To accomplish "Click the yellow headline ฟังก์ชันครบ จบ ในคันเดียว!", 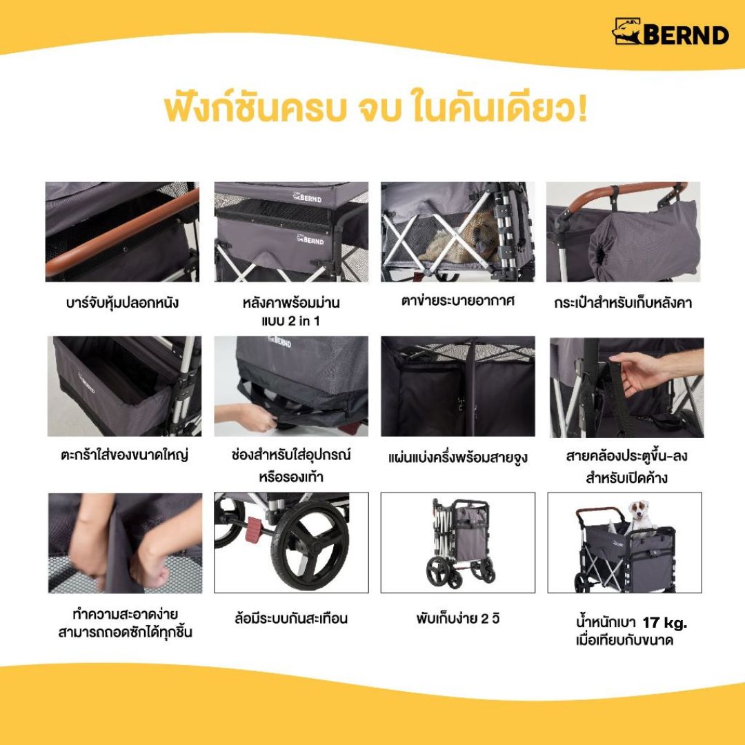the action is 376,109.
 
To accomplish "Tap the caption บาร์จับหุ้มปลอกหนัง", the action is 122,303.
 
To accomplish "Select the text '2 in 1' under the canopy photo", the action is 304,321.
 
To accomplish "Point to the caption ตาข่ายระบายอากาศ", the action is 457,301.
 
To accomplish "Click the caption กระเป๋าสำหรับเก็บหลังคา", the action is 623,303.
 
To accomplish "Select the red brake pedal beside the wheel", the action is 254,528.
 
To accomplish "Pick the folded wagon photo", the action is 458,543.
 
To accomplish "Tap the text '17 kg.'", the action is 665,623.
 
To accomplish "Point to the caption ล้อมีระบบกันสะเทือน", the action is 291,619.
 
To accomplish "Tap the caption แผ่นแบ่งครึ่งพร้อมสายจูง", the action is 457,458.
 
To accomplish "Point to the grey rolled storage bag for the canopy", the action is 644,241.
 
